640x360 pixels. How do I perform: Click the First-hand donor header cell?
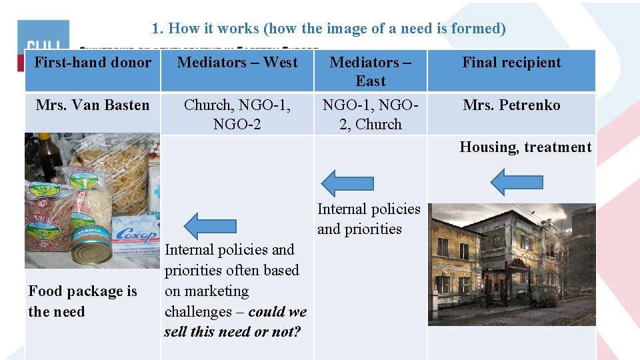tap(93, 63)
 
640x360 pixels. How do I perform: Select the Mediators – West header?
tap(237, 63)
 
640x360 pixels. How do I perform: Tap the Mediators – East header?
tap(370, 71)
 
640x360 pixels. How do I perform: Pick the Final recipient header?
tap(511, 63)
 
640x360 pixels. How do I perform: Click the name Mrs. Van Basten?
tap(93, 105)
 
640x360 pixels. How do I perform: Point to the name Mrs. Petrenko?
tap(511, 105)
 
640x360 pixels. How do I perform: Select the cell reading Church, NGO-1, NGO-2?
tap(237, 114)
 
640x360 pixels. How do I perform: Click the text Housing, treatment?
tap(525, 147)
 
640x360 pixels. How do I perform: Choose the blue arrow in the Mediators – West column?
tap(210, 225)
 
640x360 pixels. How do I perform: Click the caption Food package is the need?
tap(82, 301)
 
